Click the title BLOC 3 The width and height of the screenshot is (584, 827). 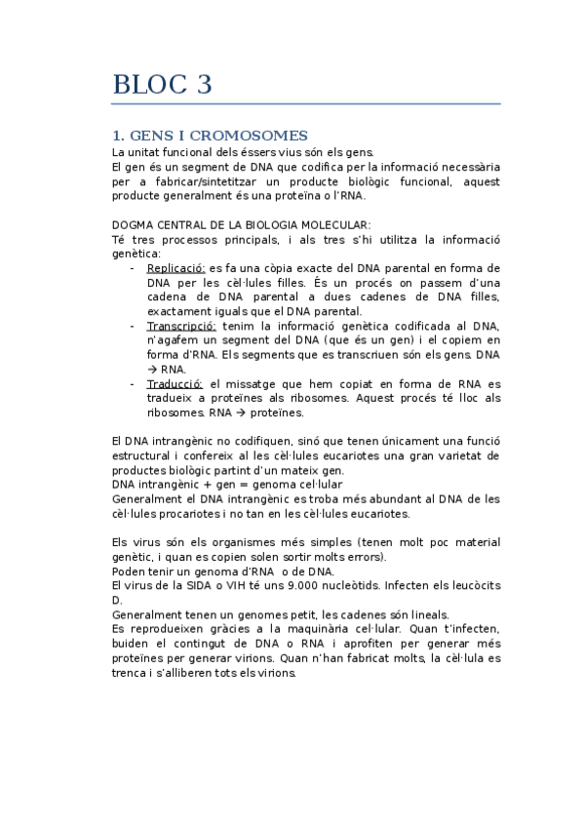point(162,85)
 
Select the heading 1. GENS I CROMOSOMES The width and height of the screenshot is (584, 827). point(210,135)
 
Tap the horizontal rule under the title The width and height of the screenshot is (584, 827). point(306,103)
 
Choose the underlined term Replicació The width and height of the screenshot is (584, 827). point(175,267)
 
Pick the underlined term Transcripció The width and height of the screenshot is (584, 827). point(181,325)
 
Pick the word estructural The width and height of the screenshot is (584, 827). point(146,455)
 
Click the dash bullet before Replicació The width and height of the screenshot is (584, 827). point(133,267)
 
